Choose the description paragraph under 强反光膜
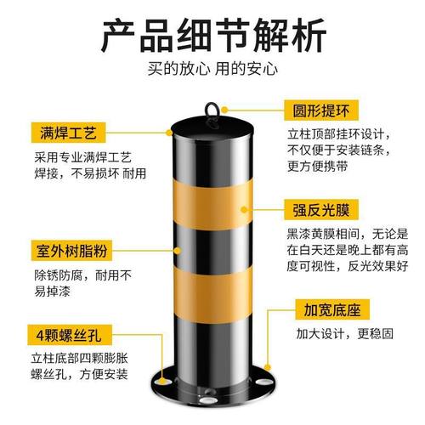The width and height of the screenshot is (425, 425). click(345, 249)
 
